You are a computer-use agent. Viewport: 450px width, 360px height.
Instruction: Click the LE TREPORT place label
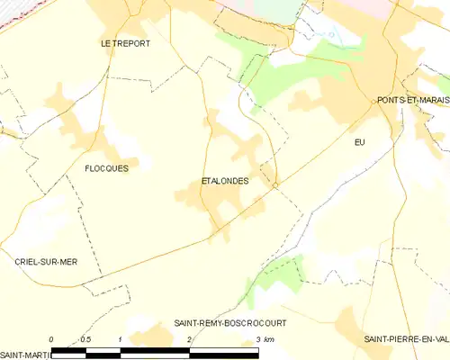(x=125, y=42)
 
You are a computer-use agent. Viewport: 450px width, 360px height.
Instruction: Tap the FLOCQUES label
(x=105, y=168)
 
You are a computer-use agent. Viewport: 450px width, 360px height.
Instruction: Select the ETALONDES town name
(x=224, y=181)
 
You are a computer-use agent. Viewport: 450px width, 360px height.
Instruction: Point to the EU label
(x=361, y=142)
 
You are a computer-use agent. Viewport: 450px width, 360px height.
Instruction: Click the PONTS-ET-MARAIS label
(x=413, y=100)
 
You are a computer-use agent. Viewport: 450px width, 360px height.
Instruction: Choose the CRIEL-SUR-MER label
(x=46, y=260)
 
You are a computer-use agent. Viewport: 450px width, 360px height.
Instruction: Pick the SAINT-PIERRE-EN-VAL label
(x=406, y=338)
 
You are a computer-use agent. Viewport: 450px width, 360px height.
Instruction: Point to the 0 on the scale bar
(x=51, y=338)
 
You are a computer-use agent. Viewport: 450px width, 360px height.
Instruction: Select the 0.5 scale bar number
(x=85, y=338)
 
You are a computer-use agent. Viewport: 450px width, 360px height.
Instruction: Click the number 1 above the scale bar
(x=120, y=338)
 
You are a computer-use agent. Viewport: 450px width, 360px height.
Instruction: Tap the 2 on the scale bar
(x=189, y=338)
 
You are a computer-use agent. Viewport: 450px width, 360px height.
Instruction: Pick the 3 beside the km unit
(x=257, y=338)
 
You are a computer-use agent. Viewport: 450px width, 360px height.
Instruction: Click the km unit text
(x=268, y=338)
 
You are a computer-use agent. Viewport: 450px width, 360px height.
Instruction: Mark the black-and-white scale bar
(x=155, y=348)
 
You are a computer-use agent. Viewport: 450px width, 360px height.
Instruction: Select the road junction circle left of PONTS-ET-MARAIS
(x=373, y=102)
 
